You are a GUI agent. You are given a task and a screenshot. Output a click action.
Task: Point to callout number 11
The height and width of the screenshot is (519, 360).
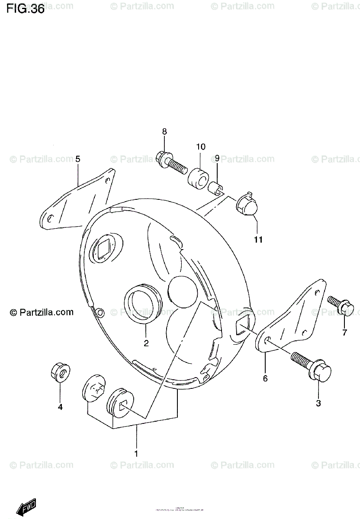point(258,239)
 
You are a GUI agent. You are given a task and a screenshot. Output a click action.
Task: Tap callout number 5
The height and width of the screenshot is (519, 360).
point(78,159)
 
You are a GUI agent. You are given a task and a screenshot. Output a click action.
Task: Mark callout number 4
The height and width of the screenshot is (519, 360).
point(60,407)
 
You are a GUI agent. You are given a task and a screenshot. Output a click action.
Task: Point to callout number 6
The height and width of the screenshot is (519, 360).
point(265,379)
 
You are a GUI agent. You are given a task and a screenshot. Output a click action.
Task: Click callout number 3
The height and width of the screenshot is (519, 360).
point(318,404)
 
